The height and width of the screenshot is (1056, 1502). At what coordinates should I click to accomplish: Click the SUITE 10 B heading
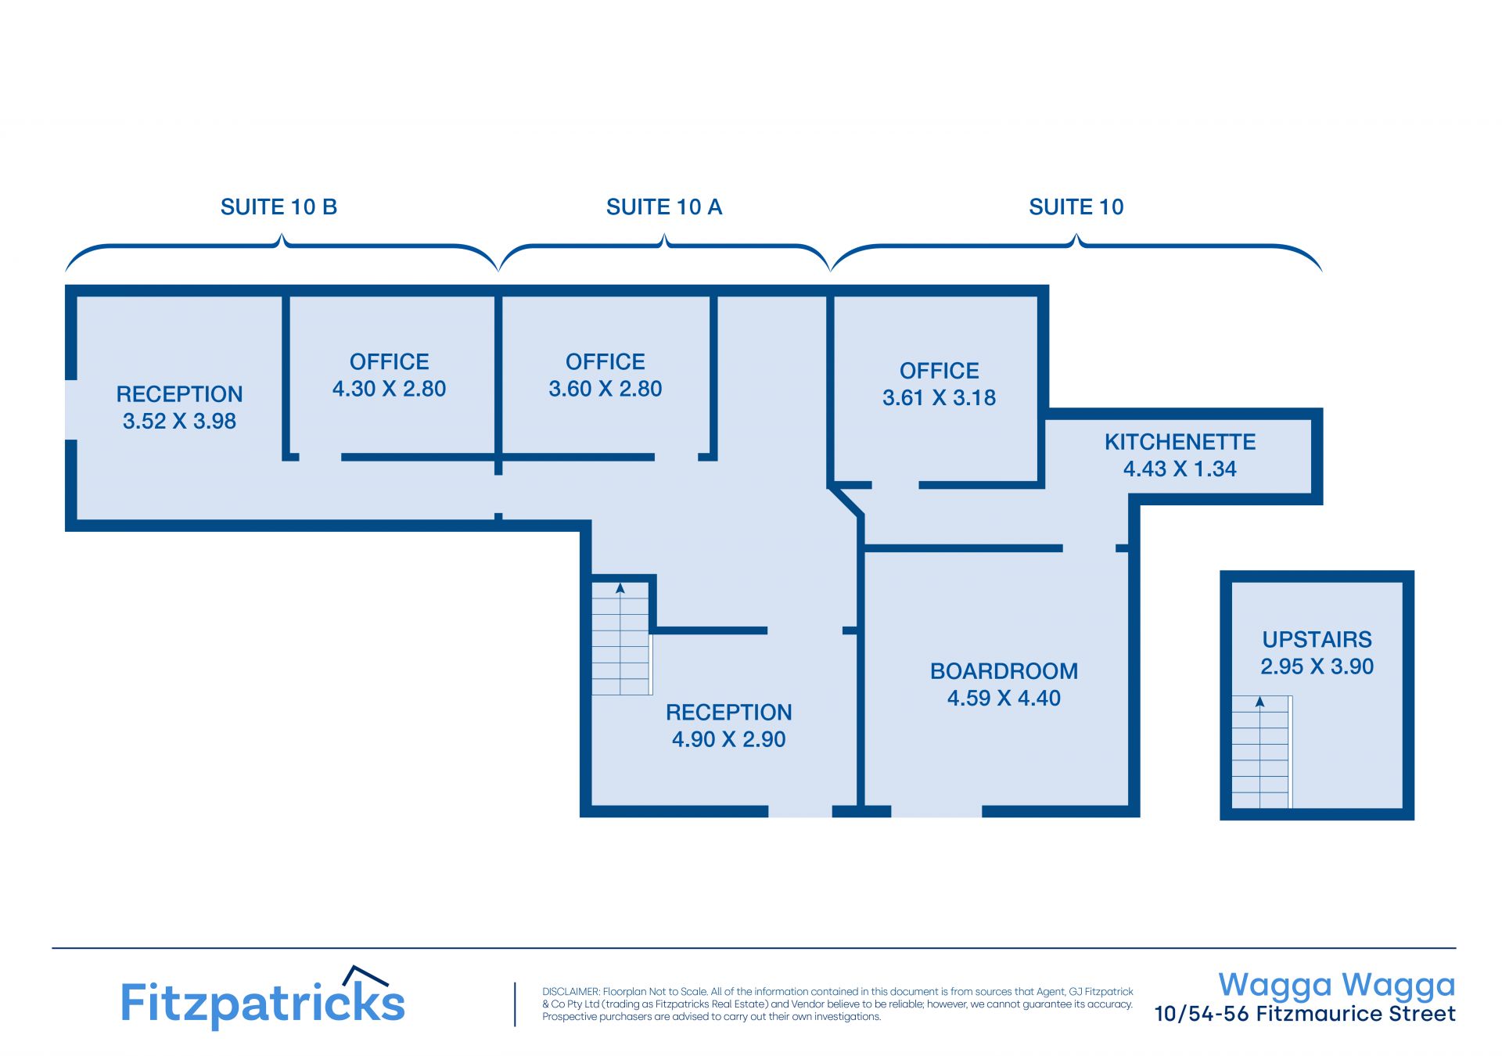(278, 207)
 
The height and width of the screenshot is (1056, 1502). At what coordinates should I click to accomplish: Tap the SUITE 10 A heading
(664, 207)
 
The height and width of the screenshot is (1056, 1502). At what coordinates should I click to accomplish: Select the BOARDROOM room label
(1004, 671)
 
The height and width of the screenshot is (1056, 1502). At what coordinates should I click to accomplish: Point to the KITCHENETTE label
(1180, 442)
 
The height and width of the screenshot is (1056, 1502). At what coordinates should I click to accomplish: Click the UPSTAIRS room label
(1317, 640)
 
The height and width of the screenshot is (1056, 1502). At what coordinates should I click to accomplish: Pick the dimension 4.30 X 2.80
(389, 389)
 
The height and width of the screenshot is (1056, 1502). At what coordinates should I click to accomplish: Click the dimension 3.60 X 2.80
(605, 389)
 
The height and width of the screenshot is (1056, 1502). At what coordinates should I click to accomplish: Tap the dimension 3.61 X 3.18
(939, 398)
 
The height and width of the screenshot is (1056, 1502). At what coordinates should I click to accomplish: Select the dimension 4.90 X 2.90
(728, 739)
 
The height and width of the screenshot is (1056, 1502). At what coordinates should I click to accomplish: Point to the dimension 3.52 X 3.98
(179, 421)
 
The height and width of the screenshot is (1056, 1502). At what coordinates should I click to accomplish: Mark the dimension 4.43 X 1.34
(1180, 469)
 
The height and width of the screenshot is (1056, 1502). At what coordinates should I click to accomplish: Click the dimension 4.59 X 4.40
(1004, 699)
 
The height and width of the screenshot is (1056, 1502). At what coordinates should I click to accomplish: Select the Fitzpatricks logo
(263, 997)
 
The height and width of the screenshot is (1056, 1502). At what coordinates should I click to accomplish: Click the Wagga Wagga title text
(1337, 986)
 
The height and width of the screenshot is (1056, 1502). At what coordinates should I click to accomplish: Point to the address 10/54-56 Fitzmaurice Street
(1305, 1015)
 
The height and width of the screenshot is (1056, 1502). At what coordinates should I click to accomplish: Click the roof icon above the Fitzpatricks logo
(366, 975)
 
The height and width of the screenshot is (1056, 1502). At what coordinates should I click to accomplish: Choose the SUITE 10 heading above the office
(1076, 207)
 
